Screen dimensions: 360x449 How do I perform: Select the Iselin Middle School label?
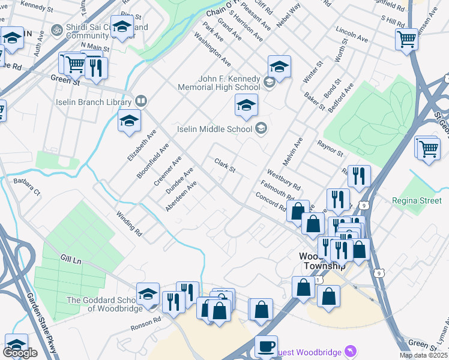tap(214, 128)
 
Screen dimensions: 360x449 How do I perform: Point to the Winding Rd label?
tap(129, 223)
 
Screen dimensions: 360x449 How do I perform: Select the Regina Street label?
tap(416, 200)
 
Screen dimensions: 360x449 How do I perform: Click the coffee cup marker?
tap(266, 346)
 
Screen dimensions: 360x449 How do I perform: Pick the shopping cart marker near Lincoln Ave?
tap(406, 40)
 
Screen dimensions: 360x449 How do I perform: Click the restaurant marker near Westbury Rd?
tap(359, 176)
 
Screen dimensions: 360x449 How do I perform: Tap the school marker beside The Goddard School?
tap(148, 293)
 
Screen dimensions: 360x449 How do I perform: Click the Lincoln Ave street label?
tap(352, 34)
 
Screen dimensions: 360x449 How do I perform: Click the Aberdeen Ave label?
tap(181, 197)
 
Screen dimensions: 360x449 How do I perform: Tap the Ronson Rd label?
tap(146, 325)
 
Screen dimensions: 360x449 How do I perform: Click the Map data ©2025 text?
tap(423, 355)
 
